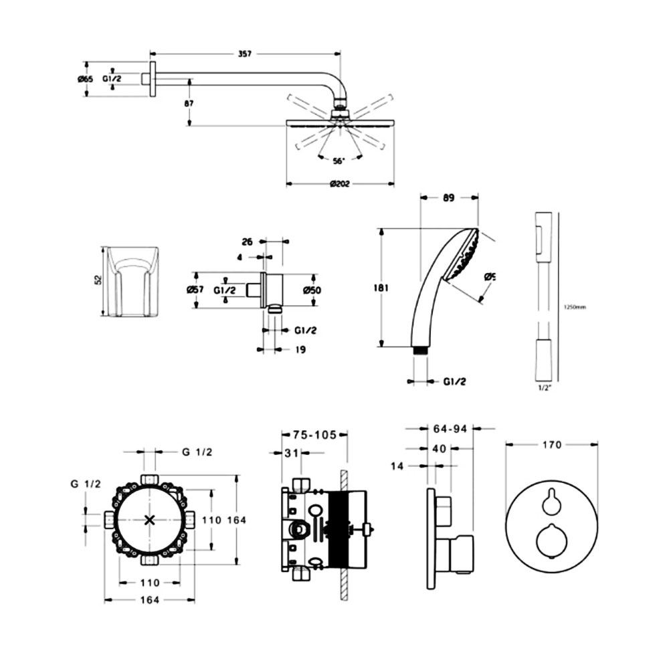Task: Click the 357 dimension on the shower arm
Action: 245,54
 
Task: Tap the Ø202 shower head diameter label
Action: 341,184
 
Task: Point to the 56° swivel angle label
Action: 338,161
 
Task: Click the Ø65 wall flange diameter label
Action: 85,79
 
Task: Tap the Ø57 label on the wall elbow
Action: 197,290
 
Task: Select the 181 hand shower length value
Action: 379,288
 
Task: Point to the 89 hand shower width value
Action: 448,197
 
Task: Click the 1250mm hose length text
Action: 575,307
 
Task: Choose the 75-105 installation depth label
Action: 314,434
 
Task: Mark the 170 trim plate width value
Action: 552,444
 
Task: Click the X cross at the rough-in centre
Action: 151,520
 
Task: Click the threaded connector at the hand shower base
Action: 420,350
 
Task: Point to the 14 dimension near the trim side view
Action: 397,466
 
